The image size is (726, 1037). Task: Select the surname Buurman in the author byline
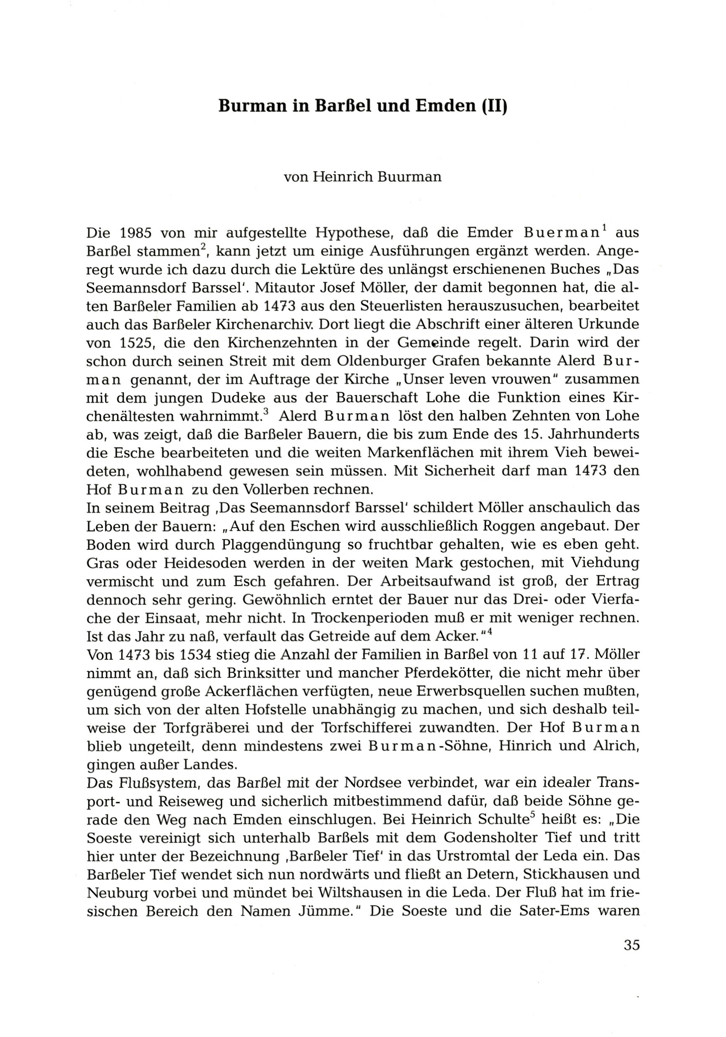(x=412, y=176)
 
